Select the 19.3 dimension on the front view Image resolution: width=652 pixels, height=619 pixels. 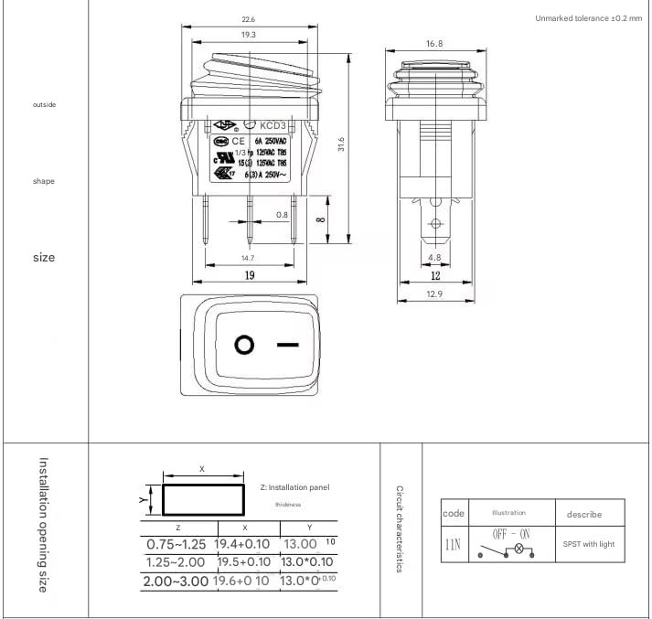(248, 35)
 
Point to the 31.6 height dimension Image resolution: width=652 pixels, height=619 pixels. (341, 145)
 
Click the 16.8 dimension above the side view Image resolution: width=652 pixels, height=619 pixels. (433, 44)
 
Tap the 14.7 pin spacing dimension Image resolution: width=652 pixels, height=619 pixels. (247, 258)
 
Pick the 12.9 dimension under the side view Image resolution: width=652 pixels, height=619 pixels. (434, 293)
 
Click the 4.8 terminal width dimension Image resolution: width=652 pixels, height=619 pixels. (434, 258)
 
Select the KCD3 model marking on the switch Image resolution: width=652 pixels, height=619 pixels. (273, 125)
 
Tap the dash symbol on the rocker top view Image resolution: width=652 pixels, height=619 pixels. (288, 346)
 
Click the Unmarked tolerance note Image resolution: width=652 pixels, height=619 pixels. (588, 18)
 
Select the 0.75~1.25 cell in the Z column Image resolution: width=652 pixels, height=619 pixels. (177, 544)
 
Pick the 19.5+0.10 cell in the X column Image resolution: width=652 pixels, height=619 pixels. (242, 562)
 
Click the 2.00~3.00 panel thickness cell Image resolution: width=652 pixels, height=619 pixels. (177, 581)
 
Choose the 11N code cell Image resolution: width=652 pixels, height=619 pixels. (454, 544)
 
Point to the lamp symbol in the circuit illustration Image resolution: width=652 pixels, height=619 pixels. (520, 550)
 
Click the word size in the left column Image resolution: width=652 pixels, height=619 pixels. (44, 258)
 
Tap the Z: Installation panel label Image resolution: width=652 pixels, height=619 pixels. (294, 487)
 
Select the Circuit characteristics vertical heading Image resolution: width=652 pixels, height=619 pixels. (400, 529)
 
